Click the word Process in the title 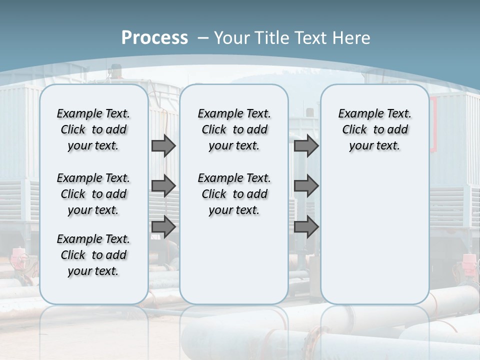pyautogui.click(x=154, y=38)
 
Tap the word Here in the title pyautogui.click(x=352, y=38)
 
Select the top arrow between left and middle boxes pyautogui.click(x=163, y=146)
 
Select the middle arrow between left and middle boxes pyautogui.click(x=163, y=186)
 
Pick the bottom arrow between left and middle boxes pyautogui.click(x=163, y=227)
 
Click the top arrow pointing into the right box pyautogui.click(x=306, y=146)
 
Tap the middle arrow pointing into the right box pyautogui.click(x=306, y=186)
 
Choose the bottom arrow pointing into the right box pyautogui.click(x=306, y=227)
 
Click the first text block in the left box pyautogui.click(x=93, y=129)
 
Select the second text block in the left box pyautogui.click(x=93, y=194)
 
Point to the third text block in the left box pyautogui.click(x=93, y=255)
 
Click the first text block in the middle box pyautogui.click(x=234, y=129)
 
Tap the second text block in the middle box pyautogui.click(x=234, y=194)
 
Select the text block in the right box pyautogui.click(x=374, y=129)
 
